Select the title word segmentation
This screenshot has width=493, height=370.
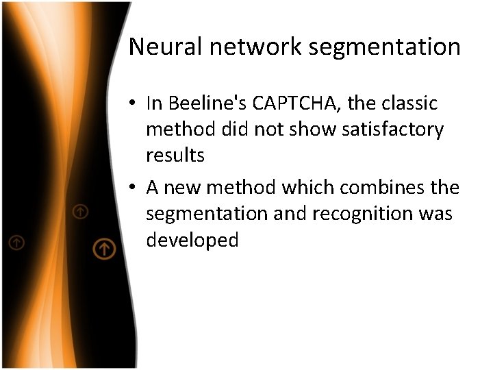[384, 47]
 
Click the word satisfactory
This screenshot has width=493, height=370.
[384, 129]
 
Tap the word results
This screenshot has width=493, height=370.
[175, 155]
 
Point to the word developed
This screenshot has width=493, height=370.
[192, 240]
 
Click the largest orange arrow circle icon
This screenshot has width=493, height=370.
[103, 249]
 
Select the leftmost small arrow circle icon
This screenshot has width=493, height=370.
[16, 242]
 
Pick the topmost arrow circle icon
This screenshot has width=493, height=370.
[81, 212]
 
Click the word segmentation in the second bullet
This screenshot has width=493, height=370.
[207, 214]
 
